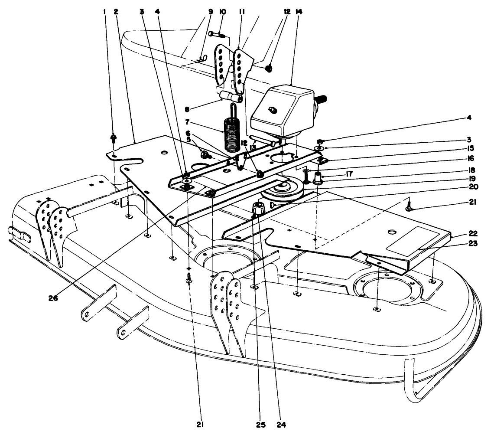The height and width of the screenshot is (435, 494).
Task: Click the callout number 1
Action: (x=104, y=12)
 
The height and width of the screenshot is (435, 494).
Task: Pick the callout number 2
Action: (x=116, y=12)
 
